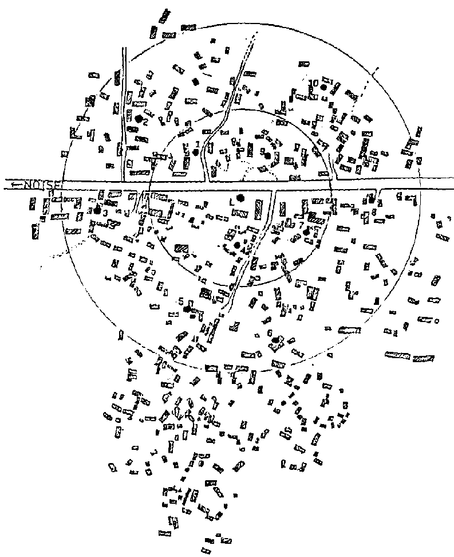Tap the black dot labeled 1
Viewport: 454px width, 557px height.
(196, 152)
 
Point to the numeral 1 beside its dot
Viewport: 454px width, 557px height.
(198, 144)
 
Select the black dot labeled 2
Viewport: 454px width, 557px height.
(138, 119)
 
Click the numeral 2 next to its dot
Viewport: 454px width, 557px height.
(145, 122)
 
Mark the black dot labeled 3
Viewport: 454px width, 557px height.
(97, 210)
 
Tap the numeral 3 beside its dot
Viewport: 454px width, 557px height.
(105, 212)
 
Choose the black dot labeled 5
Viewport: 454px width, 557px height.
(187, 309)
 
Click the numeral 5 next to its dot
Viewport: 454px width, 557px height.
(181, 301)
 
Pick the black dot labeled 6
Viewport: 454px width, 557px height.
(275, 341)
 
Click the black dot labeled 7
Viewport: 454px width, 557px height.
(306, 232)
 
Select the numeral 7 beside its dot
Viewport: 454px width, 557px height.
(301, 225)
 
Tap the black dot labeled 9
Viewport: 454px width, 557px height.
(267, 155)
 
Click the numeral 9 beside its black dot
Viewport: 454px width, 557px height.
(262, 152)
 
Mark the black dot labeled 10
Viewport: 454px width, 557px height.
(323, 87)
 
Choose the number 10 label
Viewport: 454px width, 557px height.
(313, 82)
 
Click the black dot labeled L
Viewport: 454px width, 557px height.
(240, 198)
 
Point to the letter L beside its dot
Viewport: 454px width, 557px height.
(231, 202)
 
